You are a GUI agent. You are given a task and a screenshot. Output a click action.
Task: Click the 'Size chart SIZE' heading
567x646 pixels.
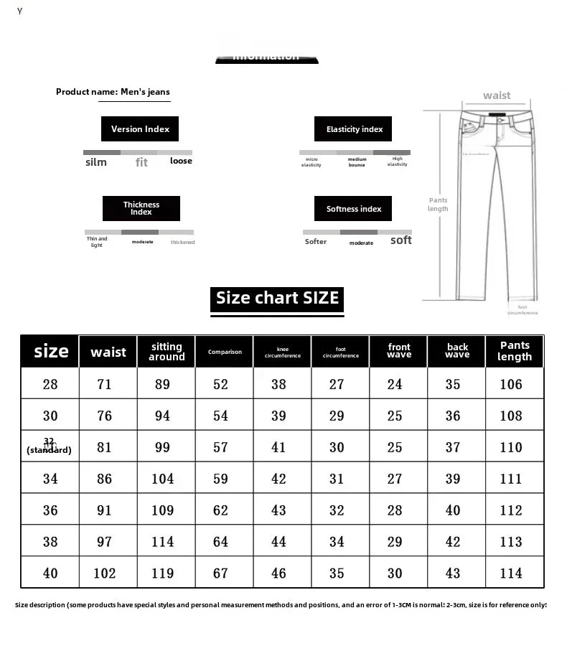[277, 298]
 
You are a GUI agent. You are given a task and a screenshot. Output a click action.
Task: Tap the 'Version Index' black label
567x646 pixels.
[140, 129]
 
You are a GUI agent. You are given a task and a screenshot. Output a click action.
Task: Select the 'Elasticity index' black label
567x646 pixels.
[354, 129]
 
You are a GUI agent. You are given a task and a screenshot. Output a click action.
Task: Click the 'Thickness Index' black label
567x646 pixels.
[141, 208]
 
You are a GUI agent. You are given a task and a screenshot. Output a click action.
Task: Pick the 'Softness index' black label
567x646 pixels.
[354, 209]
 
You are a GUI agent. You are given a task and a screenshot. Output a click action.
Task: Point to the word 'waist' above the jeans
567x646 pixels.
[497, 95]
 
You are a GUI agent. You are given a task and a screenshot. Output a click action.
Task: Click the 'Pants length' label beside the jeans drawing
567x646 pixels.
[438, 205]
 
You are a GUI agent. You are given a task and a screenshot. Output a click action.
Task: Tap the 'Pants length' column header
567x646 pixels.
[515, 351]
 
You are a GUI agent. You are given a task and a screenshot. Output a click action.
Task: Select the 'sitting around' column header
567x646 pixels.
[167, 352]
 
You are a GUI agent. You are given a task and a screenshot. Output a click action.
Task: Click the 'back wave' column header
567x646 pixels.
[457, 351]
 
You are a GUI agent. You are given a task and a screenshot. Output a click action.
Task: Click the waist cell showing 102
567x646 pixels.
[105, 574]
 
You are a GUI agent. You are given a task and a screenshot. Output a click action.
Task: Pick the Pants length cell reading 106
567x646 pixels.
[511, 384]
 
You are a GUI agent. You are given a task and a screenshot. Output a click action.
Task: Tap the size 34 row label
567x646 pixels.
[50, 479]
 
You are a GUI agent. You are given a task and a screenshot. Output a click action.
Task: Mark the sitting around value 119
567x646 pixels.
[163, 574]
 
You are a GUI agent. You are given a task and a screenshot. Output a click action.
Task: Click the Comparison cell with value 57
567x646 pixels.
[220, 447]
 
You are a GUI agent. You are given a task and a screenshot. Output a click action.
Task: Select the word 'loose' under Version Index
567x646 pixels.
[181, 161]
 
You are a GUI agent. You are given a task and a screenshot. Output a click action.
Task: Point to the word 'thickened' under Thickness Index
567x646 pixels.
[182, 243]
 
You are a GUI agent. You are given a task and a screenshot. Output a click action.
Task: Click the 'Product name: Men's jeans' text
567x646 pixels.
[113, 92]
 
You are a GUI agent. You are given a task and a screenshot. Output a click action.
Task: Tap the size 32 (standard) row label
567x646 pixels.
[49, 446]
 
